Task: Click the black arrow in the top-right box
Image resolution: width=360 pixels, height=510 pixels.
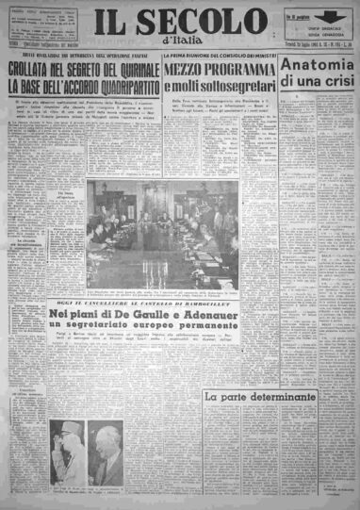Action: tap(327, 17)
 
